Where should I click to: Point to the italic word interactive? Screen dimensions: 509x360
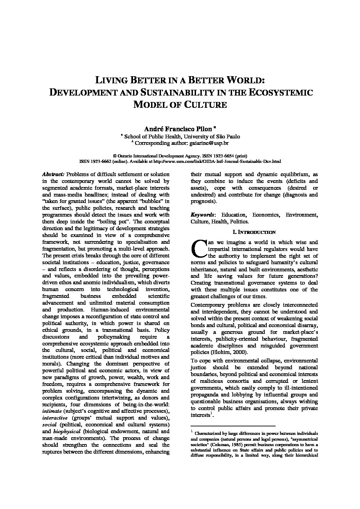[55, 418]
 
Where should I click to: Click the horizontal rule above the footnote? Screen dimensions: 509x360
[233, 426]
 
